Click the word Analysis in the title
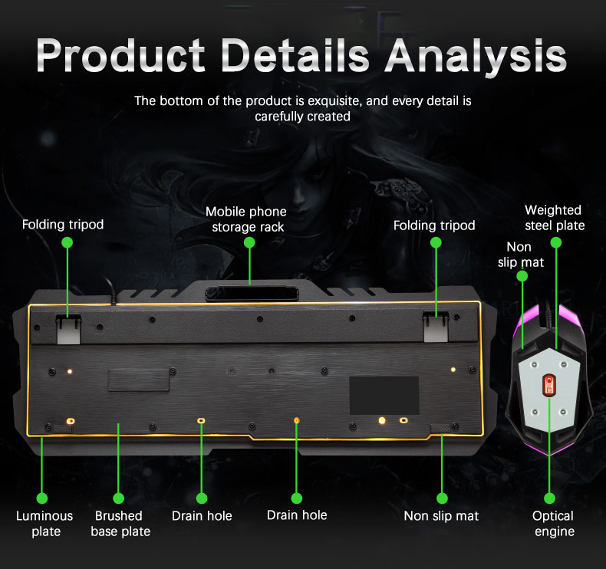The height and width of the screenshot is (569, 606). (x=476, y=55)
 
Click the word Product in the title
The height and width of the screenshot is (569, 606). (x=120, y=55)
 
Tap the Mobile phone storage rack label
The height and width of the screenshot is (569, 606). (x=246, y=219)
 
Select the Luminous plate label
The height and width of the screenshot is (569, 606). (x=44, y=524)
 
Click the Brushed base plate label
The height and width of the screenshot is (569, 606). (x=120, y=524)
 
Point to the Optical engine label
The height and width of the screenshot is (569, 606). (x=553, y=524)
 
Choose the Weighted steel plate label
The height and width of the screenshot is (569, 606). (x=554, y=218)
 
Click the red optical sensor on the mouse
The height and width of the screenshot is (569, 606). (x=548, y=385)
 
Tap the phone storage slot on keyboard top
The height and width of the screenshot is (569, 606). (x=252, y=293)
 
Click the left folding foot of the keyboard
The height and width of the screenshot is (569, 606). (x=68, y=329)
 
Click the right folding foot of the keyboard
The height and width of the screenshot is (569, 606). (x=436, y=327)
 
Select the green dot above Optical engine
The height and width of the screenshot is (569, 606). (x=549, y=498)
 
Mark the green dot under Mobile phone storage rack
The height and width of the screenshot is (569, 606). (x=249, y=242)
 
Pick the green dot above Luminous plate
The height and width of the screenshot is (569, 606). (x=41, y=498)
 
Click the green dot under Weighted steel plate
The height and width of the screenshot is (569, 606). (x=556, y=242)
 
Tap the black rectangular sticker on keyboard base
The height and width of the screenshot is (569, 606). (x=384, y=396)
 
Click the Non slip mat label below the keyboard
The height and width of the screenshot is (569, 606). (x=441, y=515)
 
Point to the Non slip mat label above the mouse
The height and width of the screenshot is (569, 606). (x=520, y=255)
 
